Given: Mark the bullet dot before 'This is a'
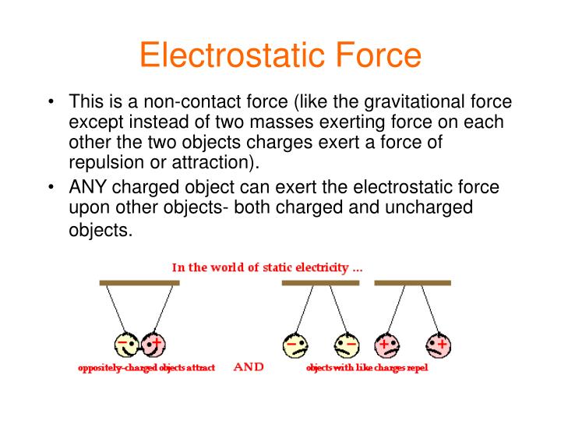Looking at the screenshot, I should [51, 103].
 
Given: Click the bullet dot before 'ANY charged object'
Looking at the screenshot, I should [51, 187].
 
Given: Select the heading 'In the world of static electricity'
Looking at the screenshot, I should [267, 267].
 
